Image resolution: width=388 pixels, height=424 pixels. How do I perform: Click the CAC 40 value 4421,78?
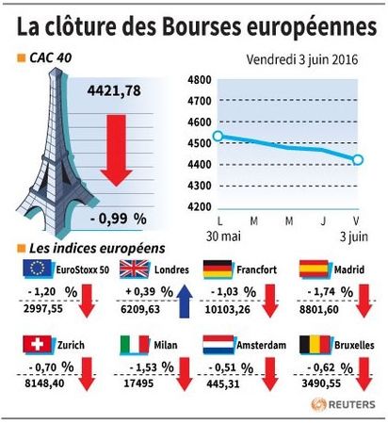(114, 90)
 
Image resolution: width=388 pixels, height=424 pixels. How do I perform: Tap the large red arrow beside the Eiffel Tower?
(116, 151)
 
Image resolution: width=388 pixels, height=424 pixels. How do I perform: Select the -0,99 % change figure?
(119, 219)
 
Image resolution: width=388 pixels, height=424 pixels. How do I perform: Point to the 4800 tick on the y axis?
(200, 80)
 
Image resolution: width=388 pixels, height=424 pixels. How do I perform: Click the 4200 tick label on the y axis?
(200, 207)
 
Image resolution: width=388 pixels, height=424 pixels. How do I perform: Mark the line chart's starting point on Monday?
(218, 136)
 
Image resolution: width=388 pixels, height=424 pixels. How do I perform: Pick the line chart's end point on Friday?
(358, 160)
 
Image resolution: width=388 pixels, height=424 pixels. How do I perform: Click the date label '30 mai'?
(223, 236)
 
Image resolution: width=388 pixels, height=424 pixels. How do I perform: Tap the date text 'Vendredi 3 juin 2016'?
(302, 59)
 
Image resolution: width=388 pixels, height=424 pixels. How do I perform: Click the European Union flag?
(38, 269)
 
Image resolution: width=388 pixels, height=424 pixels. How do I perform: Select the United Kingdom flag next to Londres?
(135, 269)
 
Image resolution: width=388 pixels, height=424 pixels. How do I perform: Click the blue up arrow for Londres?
(185, 302)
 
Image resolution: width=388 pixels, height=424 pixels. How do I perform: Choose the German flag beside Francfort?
(218, 269)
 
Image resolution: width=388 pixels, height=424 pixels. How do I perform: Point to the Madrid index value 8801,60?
(319, 310)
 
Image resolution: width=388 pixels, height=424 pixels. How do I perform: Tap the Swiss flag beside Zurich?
(37, 344)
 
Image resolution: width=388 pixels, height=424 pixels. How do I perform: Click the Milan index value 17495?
(138, 383)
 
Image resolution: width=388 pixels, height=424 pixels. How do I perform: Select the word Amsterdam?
(261, 345)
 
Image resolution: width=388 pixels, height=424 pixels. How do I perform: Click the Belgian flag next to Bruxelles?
(315, 345)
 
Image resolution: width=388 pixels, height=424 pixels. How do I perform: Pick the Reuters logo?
(343, 404)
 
